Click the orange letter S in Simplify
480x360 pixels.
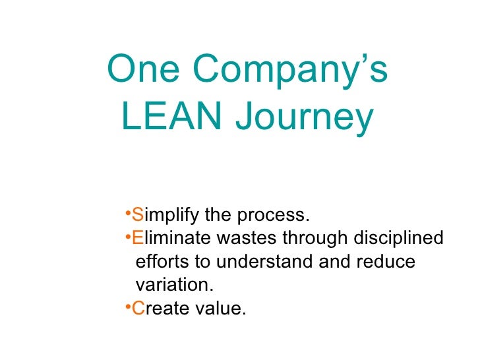tap(137, 216)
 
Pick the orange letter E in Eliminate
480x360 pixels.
tap(137, 239)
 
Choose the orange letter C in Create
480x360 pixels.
tap(138, 308)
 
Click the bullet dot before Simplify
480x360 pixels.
tap(127, 214)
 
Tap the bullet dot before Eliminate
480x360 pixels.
tap(127, 237)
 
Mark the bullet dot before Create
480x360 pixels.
tap(127, 306)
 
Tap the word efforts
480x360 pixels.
tap(162, 262)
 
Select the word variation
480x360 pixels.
tap(174, 285)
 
